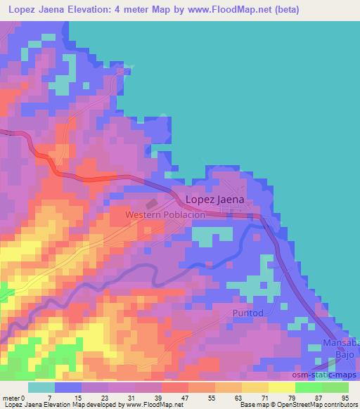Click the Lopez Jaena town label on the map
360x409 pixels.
click(x=214, y=199)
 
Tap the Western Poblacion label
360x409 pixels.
click(x=165, y=214)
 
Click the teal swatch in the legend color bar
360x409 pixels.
click(x=43, y=387)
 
